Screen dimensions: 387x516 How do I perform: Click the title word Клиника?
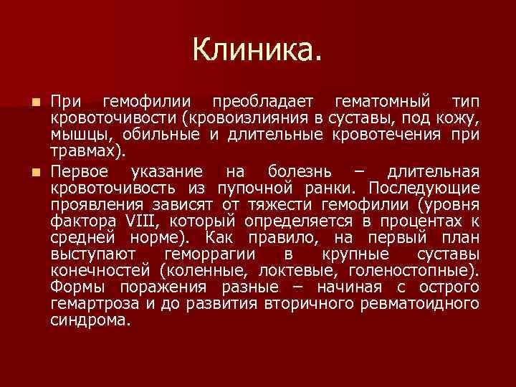[257, 51]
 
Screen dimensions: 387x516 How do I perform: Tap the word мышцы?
[75, 135]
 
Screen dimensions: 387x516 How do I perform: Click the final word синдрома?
[90, 320]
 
